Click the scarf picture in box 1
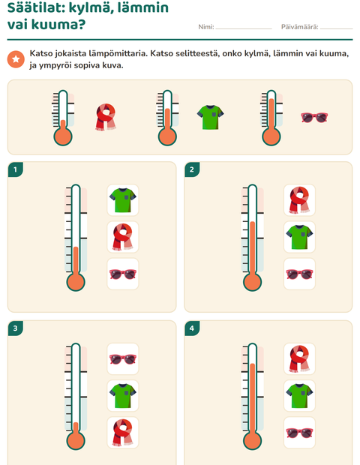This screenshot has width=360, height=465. [x=122, y=237]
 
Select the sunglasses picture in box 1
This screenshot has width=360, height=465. [x=122, y=274]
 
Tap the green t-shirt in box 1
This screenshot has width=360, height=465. [x=122, y=200]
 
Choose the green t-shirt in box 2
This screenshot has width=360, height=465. [x=299, y=237]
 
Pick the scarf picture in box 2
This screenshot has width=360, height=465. [x=299, y=200]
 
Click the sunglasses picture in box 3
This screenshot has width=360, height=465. [x=122, y=358]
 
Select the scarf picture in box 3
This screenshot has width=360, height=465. [x=122, y=433]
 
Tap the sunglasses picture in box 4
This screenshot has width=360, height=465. [x=299, y=433]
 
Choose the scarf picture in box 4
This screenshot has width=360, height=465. [x=299, y=358]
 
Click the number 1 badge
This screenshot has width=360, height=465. [x=16, y=169]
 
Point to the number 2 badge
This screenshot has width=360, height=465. [x=192, y=169]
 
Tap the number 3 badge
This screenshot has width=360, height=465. [x=16, y=328]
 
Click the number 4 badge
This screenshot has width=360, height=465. [x=192, y=328]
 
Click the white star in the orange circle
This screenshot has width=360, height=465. [x=16, y=59]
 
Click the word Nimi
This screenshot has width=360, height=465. [x=205, y=27]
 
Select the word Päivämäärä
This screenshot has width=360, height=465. [x=299, y=27]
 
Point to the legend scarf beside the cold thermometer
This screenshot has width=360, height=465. [x=106, y=117]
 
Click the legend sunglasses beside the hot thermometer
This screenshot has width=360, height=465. [x=314, y=118]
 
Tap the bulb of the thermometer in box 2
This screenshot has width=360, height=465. [x=252, y=282]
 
